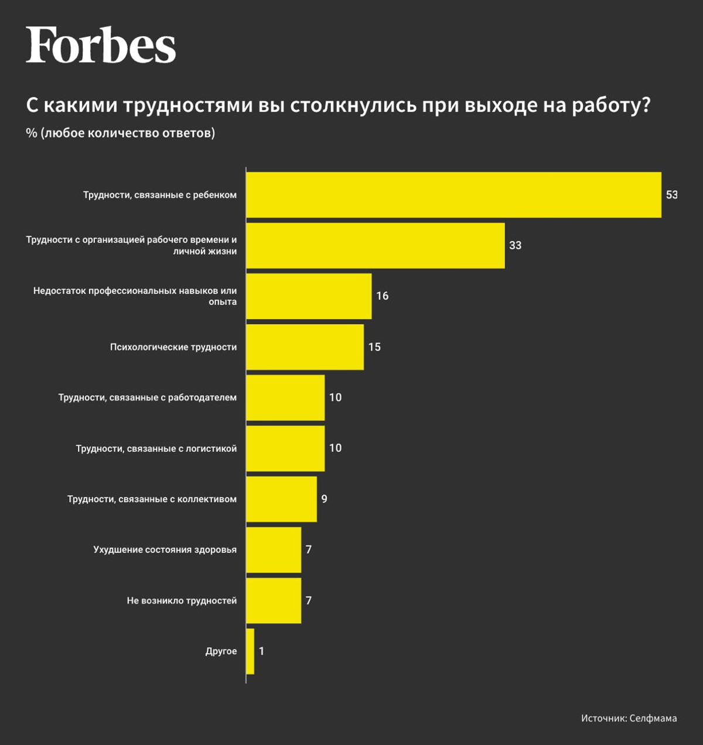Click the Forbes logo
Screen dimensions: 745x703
(101, 45)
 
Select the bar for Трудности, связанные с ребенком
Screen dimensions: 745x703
(453, 195)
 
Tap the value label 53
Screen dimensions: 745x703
(671, 195)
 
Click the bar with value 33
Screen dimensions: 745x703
(375, 246)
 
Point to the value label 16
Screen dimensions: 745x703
(383, 296)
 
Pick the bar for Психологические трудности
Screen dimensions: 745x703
(305, 347)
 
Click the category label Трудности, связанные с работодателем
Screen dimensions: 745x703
(148, 398)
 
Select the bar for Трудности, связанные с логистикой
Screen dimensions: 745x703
(285, 448)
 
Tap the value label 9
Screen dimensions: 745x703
(325, 499)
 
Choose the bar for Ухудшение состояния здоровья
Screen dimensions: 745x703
(274, 550)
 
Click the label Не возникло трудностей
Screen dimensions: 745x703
(182, 601)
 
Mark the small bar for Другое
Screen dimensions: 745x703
(250, 651)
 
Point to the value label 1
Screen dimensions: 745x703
(261, 651)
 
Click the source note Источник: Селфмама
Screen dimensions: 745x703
(629, 718)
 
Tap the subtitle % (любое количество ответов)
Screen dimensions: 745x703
(121, 133)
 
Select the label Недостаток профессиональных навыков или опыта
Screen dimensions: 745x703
(135, 296)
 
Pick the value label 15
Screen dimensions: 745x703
(374, 347)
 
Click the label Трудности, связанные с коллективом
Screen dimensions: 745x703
(152, 499)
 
